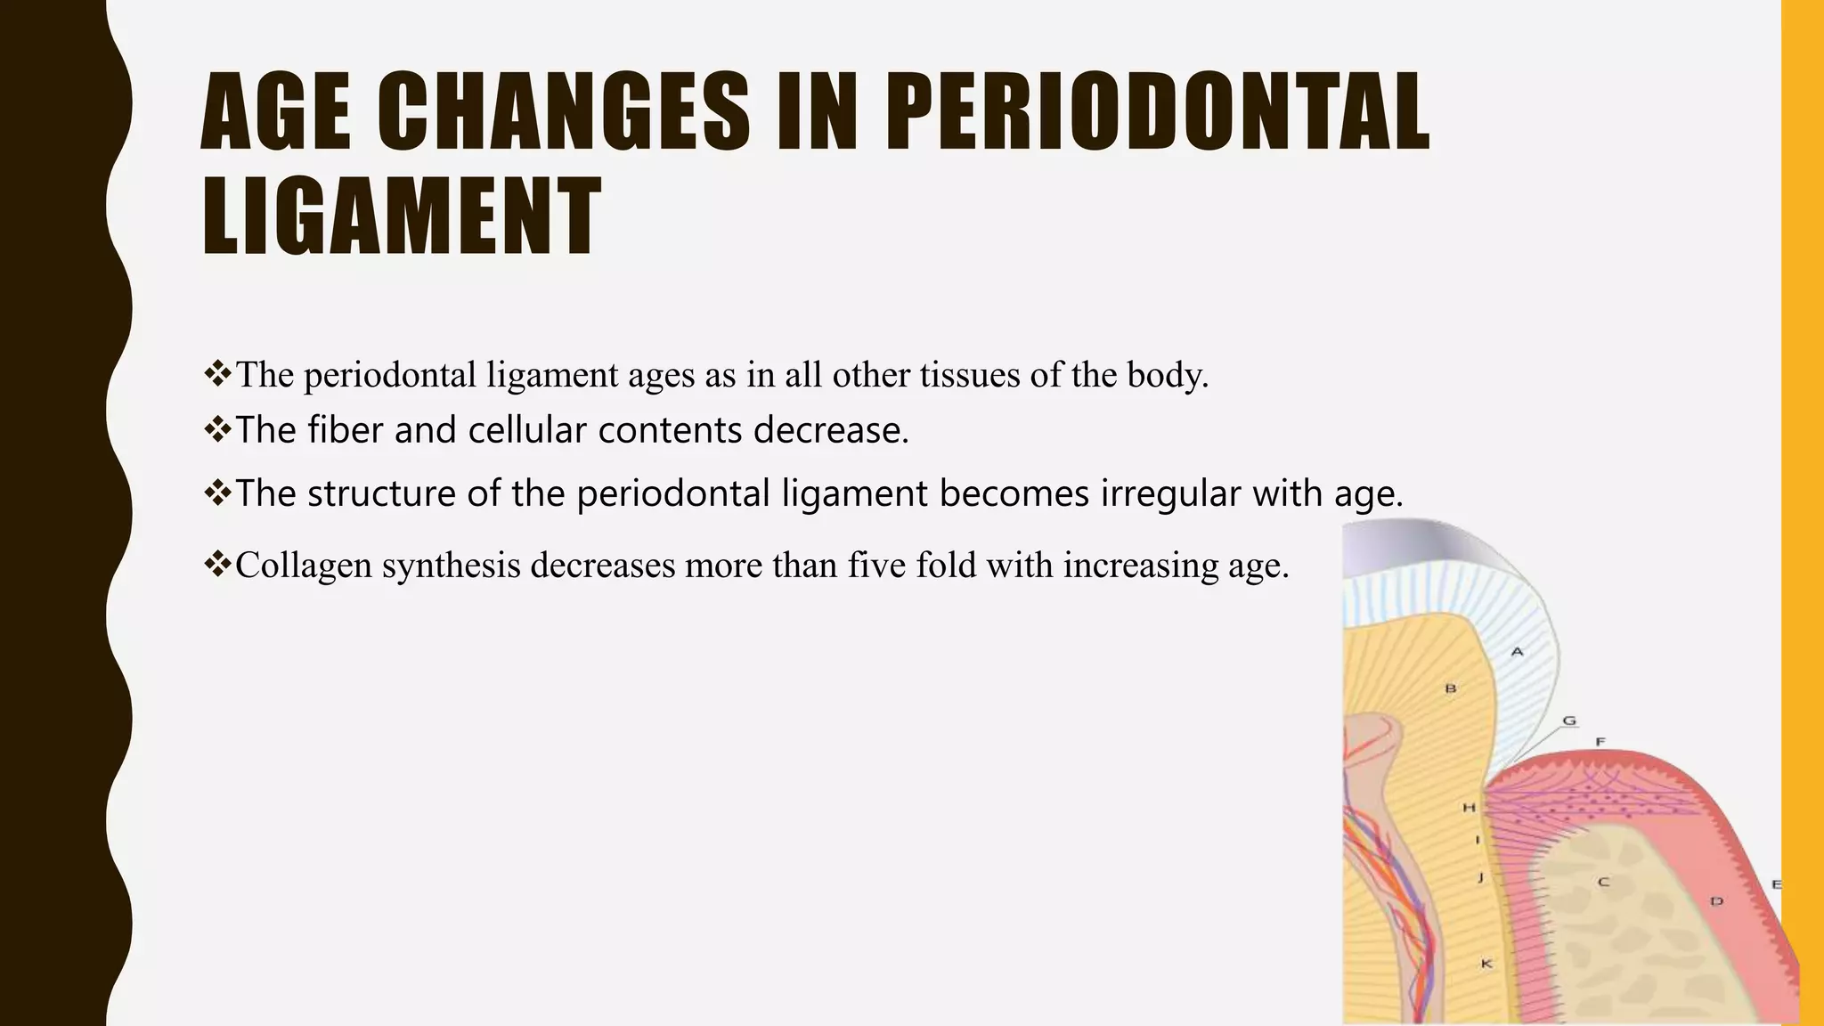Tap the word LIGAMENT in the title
point(402,216)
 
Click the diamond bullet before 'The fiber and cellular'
point(217,429)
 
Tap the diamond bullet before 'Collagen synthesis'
point(217,564)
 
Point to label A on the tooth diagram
point(1518,652)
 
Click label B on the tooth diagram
point(1450,688)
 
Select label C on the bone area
point(1603,883)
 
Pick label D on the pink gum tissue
point(1716,902)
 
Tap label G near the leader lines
point(1569,721)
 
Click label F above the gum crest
point(1600,742)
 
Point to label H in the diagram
point(1469,808)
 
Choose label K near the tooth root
point(1486,964)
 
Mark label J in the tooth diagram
point(1480,878)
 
